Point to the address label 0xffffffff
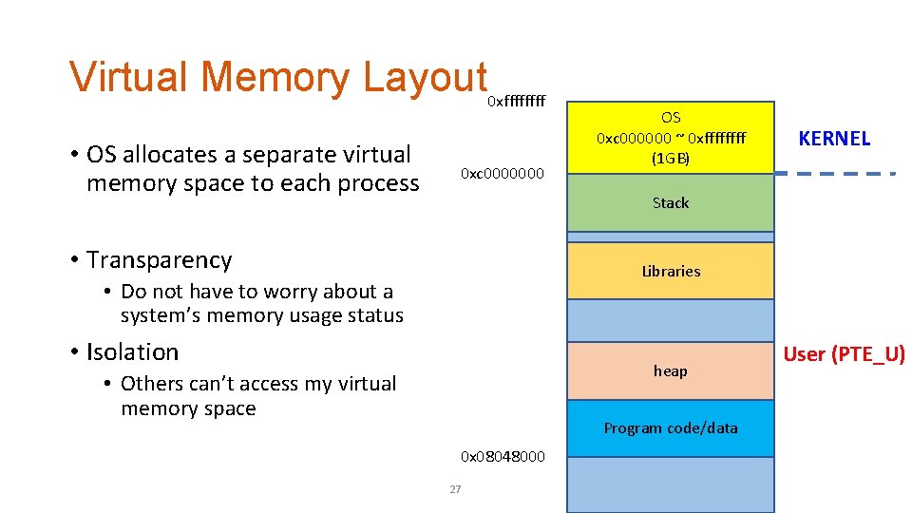coord(516,102)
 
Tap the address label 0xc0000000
coord(503,174)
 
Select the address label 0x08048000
coord(503,457)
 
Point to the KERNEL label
coord(834,139)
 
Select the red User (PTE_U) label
coord(844,355)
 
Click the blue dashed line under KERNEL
coord(836,174)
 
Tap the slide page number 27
coord(455,489)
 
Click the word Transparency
coord(159,260)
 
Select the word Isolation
coord(132,352)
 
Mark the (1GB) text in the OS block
coord(671,159)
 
